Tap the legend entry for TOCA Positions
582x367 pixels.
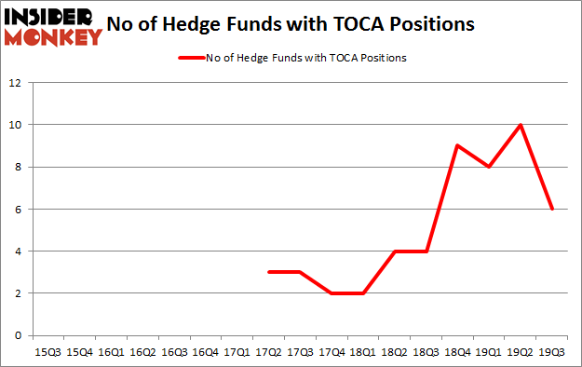tap(291, 58)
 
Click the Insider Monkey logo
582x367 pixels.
tap(52, 25)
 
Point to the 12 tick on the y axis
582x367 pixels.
tap(15, 82)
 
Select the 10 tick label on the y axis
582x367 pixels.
tap(15, 125)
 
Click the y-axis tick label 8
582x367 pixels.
tap(18, 167)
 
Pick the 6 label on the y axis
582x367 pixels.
tap(18, 209)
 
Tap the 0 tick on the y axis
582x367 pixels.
tap(18, 335)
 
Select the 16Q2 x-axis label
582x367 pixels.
tap(142, 353)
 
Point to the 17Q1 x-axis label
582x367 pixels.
tap(237, 353)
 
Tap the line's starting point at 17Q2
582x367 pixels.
tap(268, 272)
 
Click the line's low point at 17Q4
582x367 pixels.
tap(332, 292)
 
